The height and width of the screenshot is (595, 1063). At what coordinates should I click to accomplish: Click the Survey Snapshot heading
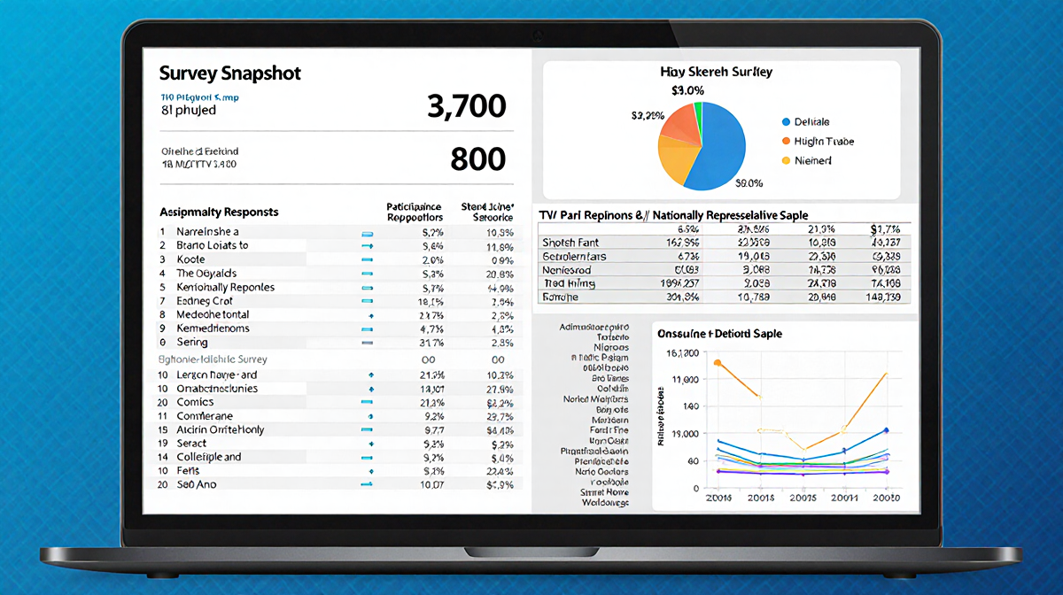(x=230, y=73)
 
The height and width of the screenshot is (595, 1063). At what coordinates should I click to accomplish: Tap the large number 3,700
(x=466, y=106)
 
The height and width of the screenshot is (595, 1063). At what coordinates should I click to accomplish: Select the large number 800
(x=477, y=158)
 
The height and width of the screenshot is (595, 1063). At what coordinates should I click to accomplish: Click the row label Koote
(x=190, y=259)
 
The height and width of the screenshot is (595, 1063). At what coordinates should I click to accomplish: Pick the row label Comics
(x=195, y=402)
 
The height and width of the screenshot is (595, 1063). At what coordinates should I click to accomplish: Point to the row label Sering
(x=192, y=342)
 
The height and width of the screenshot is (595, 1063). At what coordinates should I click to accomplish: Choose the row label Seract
(x=192, y=443)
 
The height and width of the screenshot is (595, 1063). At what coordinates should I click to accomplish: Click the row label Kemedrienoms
(x=213, y=328)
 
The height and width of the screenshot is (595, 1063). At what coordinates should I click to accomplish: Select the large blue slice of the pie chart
(x=722, y=146)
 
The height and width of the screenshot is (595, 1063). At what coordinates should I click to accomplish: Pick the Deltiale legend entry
(x=811, y=121)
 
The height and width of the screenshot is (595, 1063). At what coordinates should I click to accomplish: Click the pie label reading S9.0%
(x=749, y=183)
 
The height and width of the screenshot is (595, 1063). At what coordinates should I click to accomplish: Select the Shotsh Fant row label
(x=570, y=242)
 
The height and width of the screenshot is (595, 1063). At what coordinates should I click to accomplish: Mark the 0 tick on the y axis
(x=695, y=488)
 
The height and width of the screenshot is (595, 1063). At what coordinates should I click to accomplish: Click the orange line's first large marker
(x=718, y=363)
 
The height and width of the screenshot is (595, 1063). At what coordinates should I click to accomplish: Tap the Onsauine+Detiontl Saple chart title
(x=718, y=334)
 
